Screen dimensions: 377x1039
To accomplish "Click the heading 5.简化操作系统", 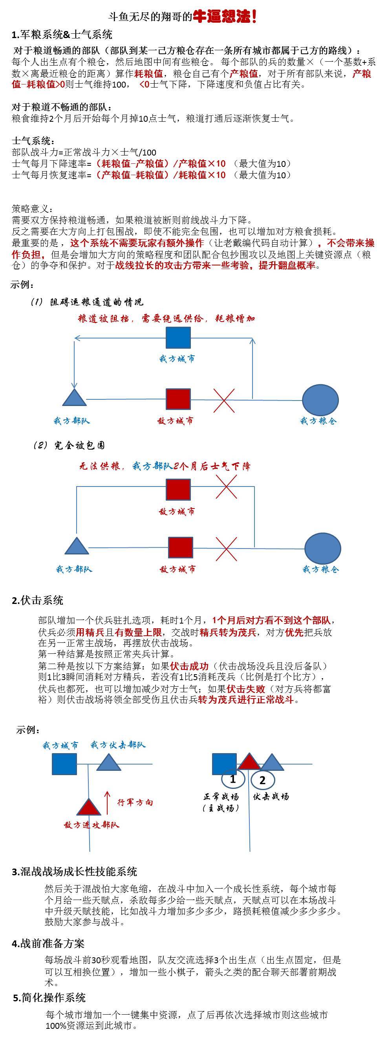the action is [49, 998].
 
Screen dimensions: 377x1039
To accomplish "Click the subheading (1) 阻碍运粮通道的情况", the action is [87, 302].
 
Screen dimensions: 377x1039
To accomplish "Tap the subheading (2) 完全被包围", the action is [70, 445].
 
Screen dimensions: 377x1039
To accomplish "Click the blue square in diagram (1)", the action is [178, 338].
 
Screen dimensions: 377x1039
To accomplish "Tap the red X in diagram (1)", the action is [224, 400].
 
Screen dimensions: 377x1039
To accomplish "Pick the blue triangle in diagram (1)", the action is [75, 398].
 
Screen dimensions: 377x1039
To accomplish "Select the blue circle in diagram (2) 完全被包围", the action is [322, 548].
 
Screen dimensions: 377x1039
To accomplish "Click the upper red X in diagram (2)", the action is [226, 487].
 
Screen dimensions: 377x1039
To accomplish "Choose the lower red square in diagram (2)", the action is [180, 547].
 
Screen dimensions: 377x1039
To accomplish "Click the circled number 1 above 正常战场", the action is [233, 779].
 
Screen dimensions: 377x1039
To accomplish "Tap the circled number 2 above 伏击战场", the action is [262, 780].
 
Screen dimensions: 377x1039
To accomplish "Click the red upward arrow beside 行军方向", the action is [107, 803].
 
